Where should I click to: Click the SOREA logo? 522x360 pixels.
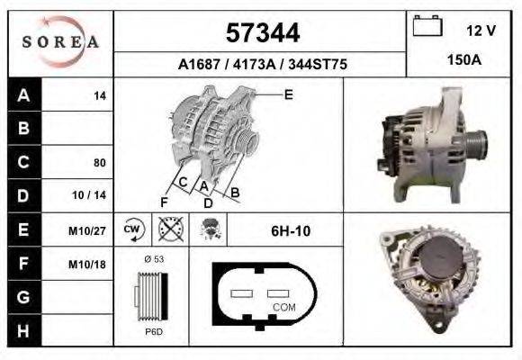[60, 42]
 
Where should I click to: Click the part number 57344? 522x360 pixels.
[263, 33]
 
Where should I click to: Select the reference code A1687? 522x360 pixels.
[199, 64]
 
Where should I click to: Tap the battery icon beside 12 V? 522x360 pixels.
[427, 25]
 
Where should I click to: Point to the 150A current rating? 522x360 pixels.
[464, 60]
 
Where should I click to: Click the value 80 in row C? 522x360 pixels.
[100, 163]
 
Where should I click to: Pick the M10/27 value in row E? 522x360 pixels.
[87, 230]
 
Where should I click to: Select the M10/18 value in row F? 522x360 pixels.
[87, 265]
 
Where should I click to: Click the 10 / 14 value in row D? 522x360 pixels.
[89, 194]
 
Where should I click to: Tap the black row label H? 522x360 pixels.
[24, 330]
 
